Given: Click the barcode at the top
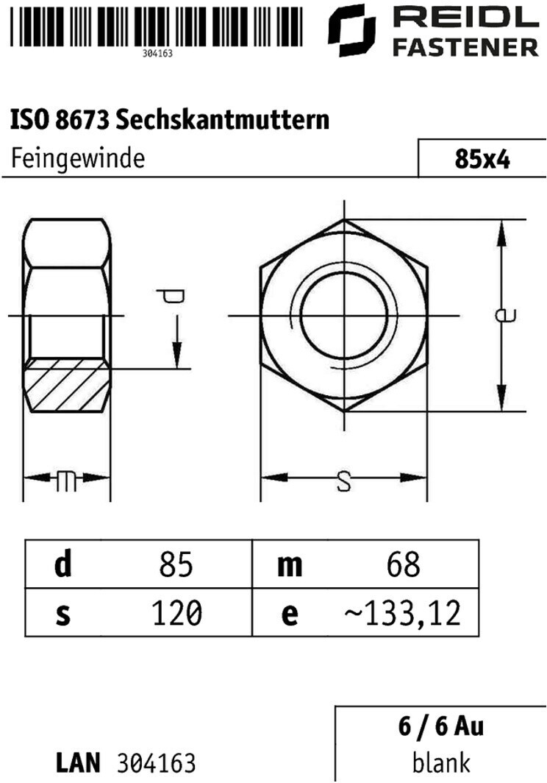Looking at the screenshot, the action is coord(157,26).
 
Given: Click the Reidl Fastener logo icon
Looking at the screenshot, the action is coord(351,30).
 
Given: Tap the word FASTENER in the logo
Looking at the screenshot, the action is coord(465,48).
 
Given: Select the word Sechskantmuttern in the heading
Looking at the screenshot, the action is coord(223,119).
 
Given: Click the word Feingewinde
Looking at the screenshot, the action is coord(78,159).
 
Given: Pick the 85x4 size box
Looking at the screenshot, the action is coord(482,158).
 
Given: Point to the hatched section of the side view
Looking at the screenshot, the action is coord(67,385).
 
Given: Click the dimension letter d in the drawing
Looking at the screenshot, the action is coord(171,297).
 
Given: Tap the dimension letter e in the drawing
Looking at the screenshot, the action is coord(505,315).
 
